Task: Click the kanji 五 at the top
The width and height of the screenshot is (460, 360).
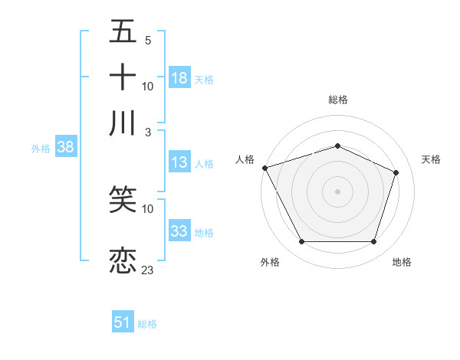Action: (123, 32)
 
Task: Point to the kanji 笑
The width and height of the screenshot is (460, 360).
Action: (123, 201)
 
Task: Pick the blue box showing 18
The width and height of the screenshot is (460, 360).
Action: (179, 78)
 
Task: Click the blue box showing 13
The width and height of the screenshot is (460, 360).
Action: (179, 162)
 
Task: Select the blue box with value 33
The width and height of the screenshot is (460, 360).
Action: (179, 231)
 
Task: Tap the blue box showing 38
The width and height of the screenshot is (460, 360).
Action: (65, 148)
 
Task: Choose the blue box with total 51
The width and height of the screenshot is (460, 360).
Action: (123, 322)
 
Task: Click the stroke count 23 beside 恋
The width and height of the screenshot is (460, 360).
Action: (148, 270)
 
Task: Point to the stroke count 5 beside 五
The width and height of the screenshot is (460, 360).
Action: (147, 40)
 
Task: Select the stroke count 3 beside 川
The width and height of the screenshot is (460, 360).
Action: (147, 132)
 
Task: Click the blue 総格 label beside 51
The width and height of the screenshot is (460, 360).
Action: (147, 324)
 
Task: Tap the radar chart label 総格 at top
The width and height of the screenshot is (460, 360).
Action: (337, 100)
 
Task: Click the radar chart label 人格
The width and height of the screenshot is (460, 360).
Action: (245, 159)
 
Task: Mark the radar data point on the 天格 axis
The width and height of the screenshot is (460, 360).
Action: (396, 172)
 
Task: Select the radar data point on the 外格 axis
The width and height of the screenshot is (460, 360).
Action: (301, 242)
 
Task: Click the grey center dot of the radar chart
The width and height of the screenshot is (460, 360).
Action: (337, 191)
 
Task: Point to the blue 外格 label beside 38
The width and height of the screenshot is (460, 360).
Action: (40, 149)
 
